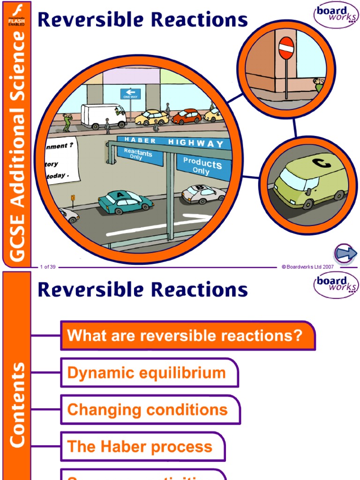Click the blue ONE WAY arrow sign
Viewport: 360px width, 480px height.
click(x=130, y=94)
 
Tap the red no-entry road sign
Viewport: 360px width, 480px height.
click(x=286, y=48)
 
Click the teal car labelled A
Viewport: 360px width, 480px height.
click(x=125, y=202)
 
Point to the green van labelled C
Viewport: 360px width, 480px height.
click(x=311, y=181)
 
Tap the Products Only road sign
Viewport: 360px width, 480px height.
click(x=203, y=166)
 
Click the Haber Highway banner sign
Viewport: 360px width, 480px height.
click(x=173, y=141)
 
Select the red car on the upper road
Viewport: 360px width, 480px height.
click(x=187, y=116)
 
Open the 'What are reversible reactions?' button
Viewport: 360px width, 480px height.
click(x=187, y=336)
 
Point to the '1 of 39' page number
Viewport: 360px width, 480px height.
click(x=48, y=267)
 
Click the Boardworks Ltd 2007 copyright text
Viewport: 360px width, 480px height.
click(x=307, y=267)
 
